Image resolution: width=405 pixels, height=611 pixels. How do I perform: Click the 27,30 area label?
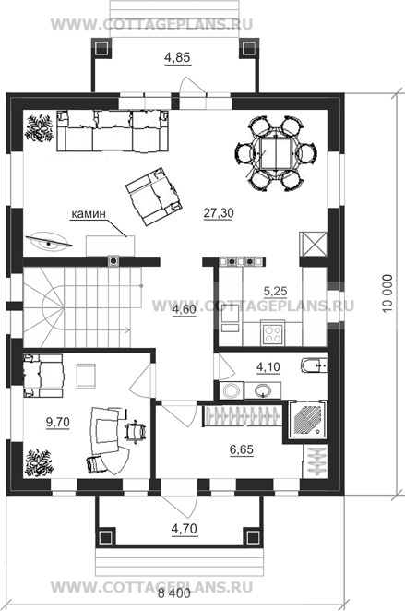(219, 213)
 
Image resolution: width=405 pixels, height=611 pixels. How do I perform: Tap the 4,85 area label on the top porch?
(177, 57)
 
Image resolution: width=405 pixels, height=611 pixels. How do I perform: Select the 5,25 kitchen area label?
(275, 291)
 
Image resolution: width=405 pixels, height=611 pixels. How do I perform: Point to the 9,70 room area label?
(57, 422)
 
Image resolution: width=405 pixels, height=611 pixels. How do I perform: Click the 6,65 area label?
(242, 449)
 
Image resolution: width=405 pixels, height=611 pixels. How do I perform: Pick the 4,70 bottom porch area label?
(185, 529)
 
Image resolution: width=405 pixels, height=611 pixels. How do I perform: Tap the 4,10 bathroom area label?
(268, 367)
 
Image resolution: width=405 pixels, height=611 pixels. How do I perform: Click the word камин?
(89, 213)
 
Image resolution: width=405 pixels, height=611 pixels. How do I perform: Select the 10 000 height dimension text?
(387, 294)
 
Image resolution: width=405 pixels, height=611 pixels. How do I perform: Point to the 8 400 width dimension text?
(174, 593)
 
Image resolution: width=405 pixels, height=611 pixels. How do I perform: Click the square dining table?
(275, 153)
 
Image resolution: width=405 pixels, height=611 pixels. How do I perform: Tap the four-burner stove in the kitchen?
(272, 333)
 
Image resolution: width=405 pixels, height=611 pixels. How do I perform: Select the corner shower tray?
(307, 420)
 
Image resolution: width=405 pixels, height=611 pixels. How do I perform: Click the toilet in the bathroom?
(314, 365)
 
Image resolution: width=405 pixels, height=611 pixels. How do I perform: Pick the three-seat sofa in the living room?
(113, 130)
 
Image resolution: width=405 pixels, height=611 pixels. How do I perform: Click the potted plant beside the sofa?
(39, 127)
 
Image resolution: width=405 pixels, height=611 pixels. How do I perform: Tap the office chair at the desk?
(135, 431)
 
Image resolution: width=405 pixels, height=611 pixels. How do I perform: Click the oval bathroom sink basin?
(263, 390)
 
